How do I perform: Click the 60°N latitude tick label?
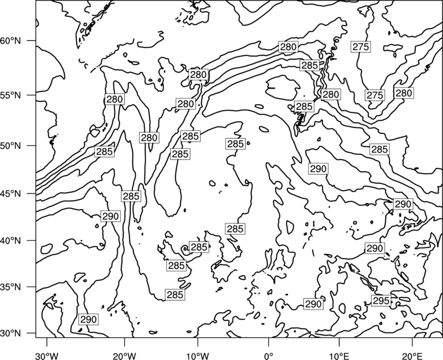(11, 41)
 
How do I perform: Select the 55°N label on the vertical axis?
(11, 95)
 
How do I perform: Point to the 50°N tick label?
(11, 146)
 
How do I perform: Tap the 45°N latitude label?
(11, 194)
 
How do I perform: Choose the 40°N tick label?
(11, 241)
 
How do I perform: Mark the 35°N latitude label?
(11, 287)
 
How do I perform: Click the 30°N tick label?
(11, 333)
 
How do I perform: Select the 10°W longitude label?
(198, 354)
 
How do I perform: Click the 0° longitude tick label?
(269, 354)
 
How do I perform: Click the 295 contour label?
(382, 301)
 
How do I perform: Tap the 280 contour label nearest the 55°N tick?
(115, 99)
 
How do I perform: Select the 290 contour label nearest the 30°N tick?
(89, 320)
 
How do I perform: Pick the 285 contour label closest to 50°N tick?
(105, 151)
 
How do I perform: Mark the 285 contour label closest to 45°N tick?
(131, 196)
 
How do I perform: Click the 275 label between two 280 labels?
(375, 95)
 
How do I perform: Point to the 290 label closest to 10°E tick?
(313, 304)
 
